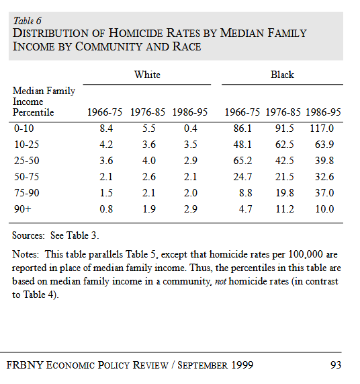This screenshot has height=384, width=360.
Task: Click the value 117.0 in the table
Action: pyautogui.click(x=322, y=128)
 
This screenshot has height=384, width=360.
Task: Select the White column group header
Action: pyautogui.click(x=147, y=75)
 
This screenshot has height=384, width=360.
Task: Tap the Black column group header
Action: pyautogui.click(x=282, y=75)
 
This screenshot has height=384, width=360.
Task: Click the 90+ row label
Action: pyautogui.click(x=23, y=209)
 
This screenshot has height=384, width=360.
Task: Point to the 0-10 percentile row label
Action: pyautogui.click(x=24, y=128)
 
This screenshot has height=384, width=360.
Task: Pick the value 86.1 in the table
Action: pyautogui.click(x=242, y=128)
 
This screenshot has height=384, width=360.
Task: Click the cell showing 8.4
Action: pyautogui.click(x=106, y=128)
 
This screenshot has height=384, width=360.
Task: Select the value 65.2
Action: pyautogui.click(x=242, y=161)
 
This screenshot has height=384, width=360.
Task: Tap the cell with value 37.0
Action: pyautogui.click(x=324, y=193)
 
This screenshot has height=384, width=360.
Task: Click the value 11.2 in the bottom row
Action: pyautogui.click(x=285, y=209)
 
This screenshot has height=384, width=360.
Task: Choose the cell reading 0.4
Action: pyautogui.click(x=191, y=128)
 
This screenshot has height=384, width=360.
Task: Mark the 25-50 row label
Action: pyautogui.click(x=26, y=161)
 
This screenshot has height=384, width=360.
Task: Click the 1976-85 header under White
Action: pyautogui.click(x=148, y=112)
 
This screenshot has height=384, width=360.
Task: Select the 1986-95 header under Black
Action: pyautogui.click(x=323, y=112)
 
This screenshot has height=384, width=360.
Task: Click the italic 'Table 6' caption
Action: pyautogui.click(x=27, y=21)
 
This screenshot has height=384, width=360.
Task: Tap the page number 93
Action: pyautogui.click(x=336, y=365)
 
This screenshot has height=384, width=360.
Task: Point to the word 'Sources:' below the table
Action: pyautogui.click(x=28, y=235)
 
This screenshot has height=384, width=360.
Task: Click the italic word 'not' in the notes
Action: pyautogui.click(x=220, y=281)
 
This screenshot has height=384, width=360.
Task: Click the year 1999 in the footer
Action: pyautogui.click(x=242, y=365)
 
